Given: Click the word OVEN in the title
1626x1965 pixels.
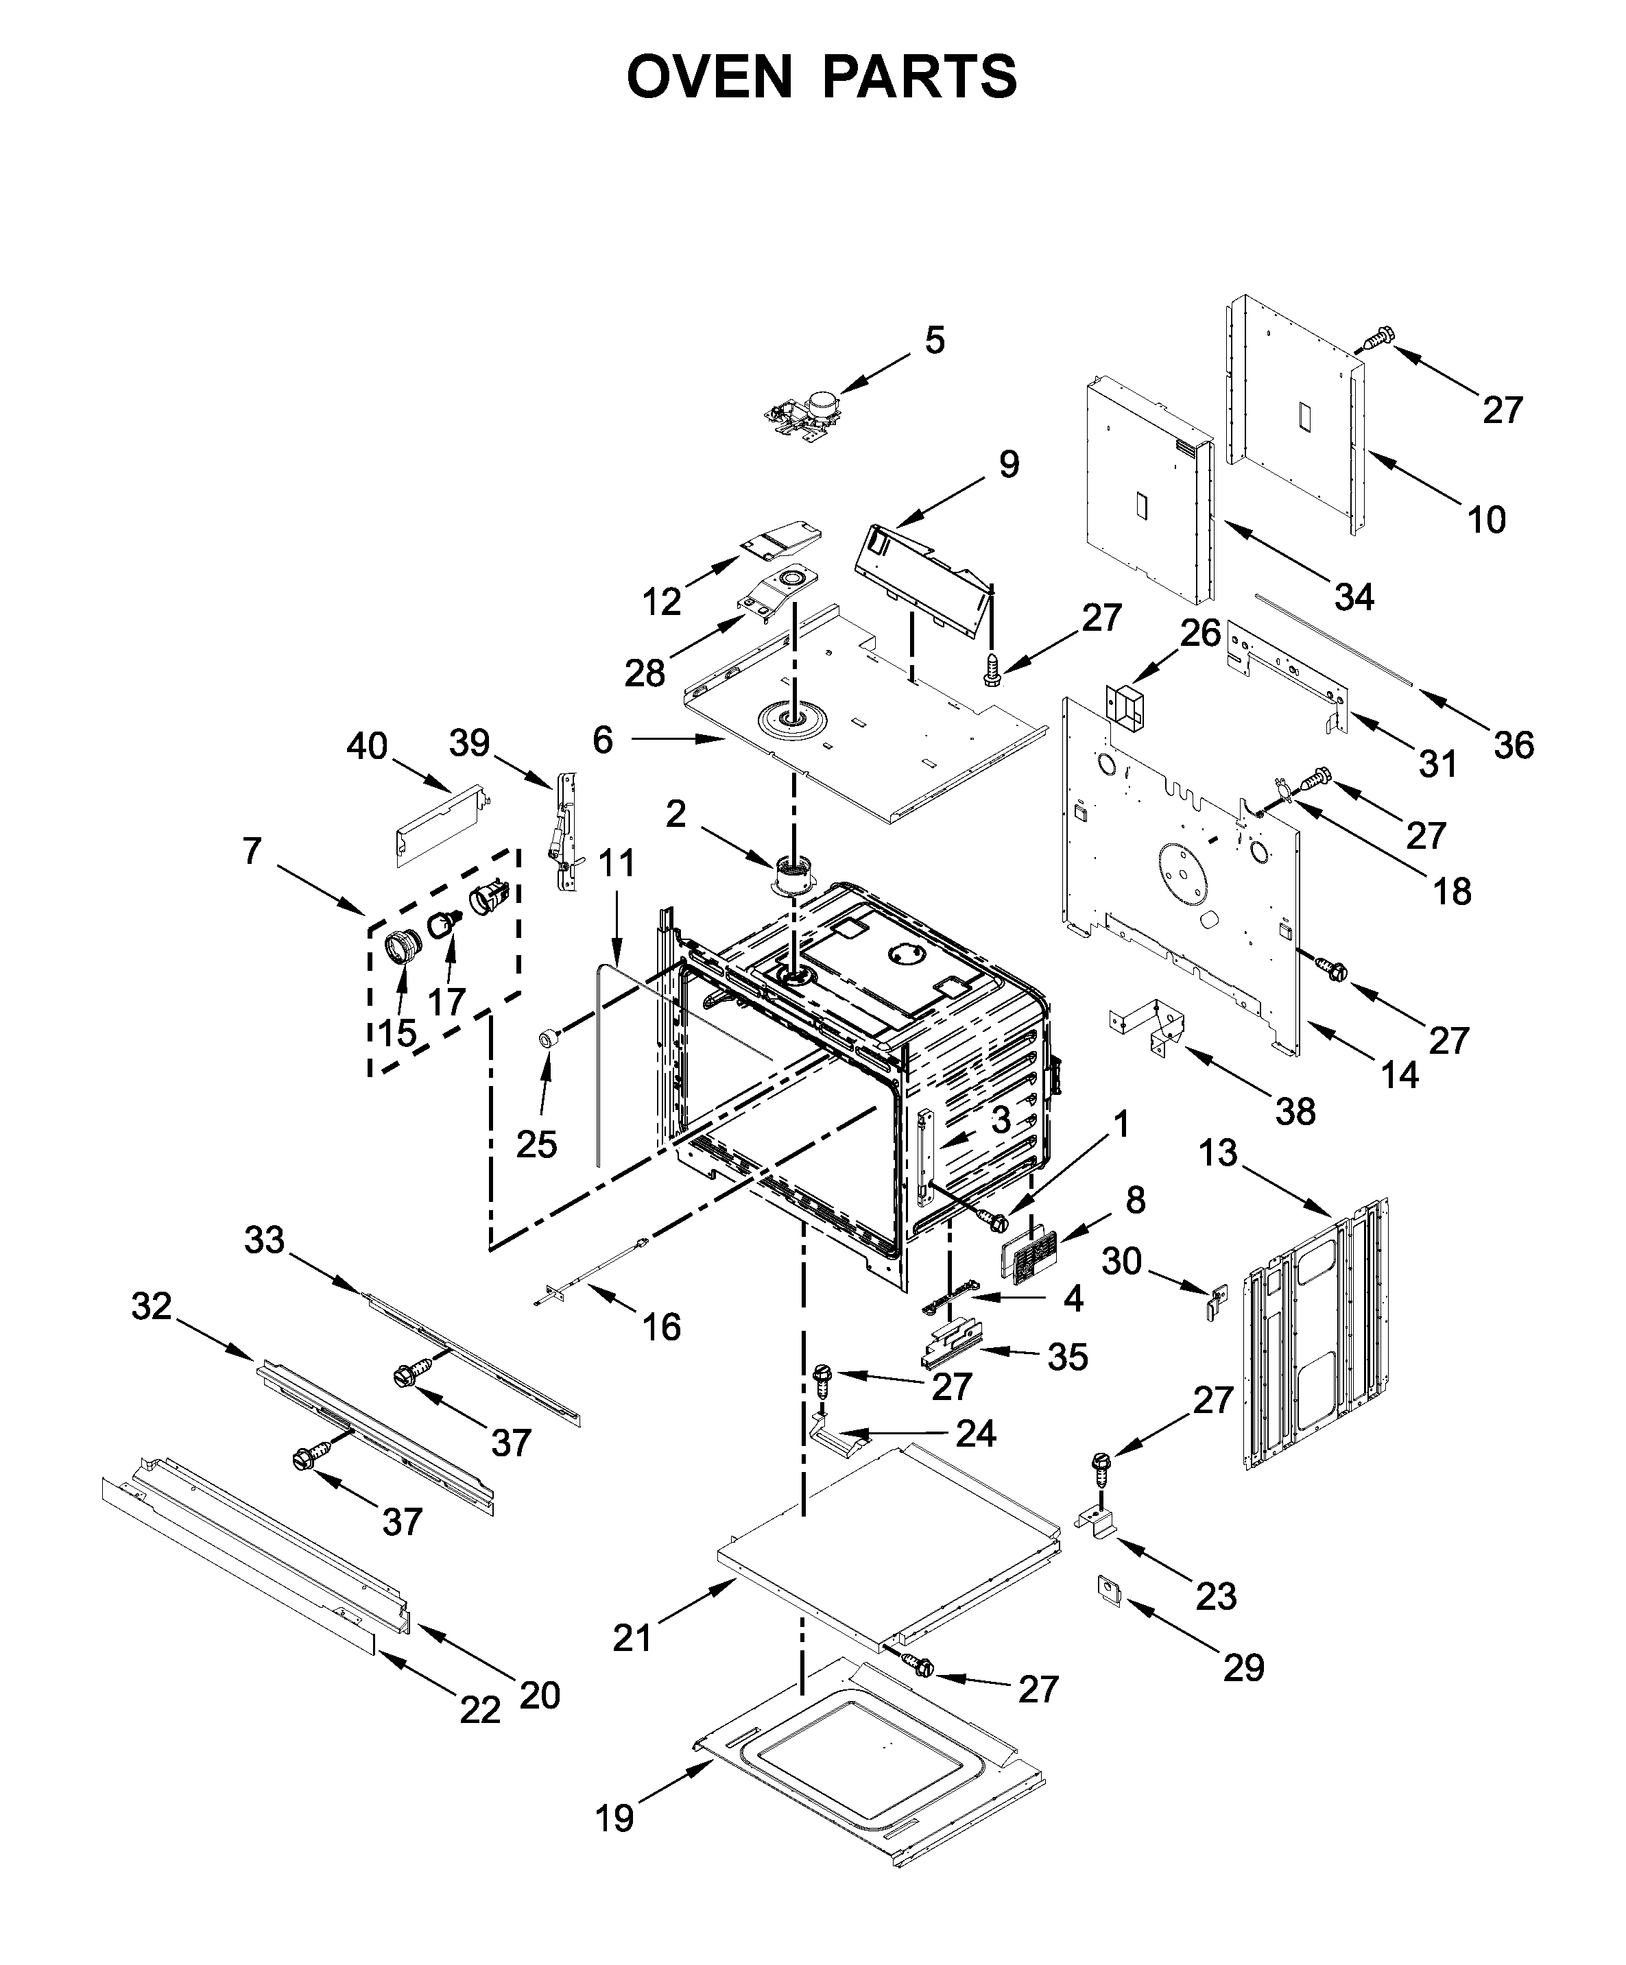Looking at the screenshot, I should (708, 77).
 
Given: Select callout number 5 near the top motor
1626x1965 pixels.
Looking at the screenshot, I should (934, 341).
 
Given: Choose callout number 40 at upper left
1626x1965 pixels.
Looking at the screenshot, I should (366, 746).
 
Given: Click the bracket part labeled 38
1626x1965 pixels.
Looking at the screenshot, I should (1151, 1023).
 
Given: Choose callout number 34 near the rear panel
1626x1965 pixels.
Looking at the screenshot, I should (1354, 596).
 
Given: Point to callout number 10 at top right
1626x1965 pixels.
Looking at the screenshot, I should (1485, 518).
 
